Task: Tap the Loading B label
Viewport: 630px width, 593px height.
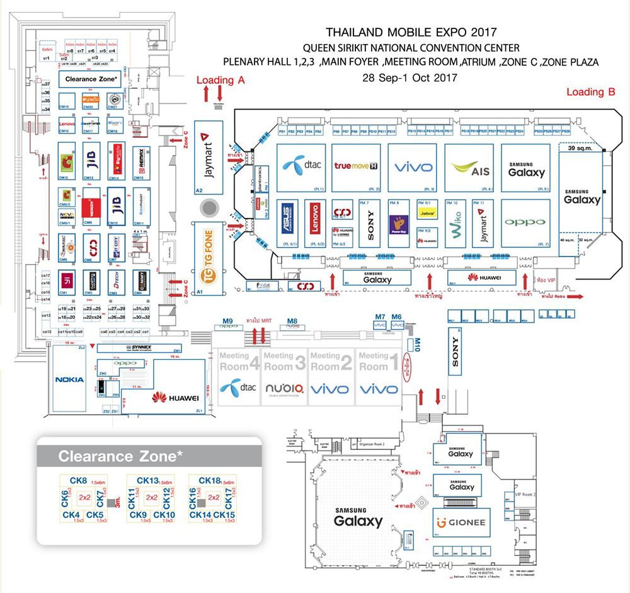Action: pyautogui.click(x=590, y=92)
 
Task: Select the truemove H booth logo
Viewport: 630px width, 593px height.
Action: pyautogui.click(x=356, y=166)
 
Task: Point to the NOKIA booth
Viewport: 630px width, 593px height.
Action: pyautogui.click(x=69, y=379)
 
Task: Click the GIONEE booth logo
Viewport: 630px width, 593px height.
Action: pyautogui.click(x=461, y=522)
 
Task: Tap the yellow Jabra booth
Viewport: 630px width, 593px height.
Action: pyautogui.click(x=426, y=213)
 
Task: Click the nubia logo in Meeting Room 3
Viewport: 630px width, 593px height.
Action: pyautogui.click(x=284, y=388)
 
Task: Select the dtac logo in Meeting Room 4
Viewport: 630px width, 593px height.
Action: pyautogui.click(x=236, y=386)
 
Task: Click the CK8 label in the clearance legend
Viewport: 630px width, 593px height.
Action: pyautogui.click(x=79, y=481)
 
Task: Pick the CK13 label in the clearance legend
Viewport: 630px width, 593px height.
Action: pyautogui.click(x=147, y=481)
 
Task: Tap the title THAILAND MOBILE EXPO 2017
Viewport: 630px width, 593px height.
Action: pyautogui.click(x=411, y=32)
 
